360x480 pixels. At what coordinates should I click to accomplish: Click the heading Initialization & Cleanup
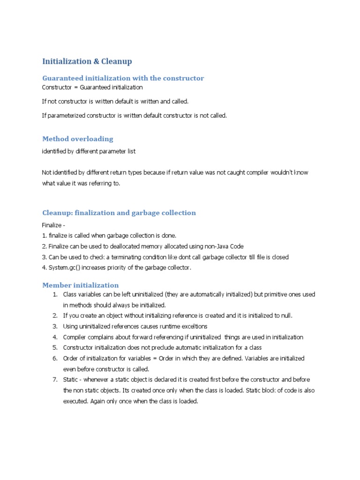[87, 61]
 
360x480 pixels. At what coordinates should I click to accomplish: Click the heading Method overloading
[78, 139]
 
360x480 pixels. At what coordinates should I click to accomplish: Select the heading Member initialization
[81, 285]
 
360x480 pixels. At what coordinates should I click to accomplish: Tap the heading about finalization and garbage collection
[119, 213]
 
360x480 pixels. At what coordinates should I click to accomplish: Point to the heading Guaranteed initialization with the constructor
[123, 78]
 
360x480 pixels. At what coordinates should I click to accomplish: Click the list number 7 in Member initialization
[55, 379]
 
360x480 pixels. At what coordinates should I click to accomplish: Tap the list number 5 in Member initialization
[55, 347]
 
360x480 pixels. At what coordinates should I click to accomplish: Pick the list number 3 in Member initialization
[55, 326]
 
